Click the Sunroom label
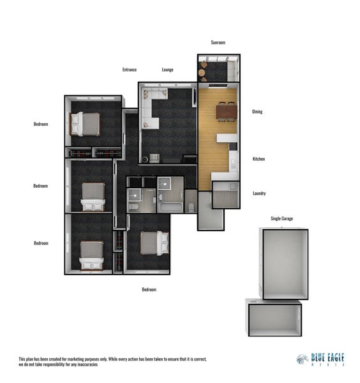(x=218, y=42)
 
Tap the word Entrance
(x=130, y=70)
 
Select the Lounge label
(x=168, y=70)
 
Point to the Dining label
(x=257, y=112)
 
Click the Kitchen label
(x=259, y=159)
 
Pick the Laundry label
(x=259, y=193)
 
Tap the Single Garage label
(x=281, y=219)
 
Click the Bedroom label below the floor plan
(x=149, y=289)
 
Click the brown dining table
(x=226, y=112)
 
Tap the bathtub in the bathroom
(x=170, y=207)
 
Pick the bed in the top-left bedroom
(x=86, y=124)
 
